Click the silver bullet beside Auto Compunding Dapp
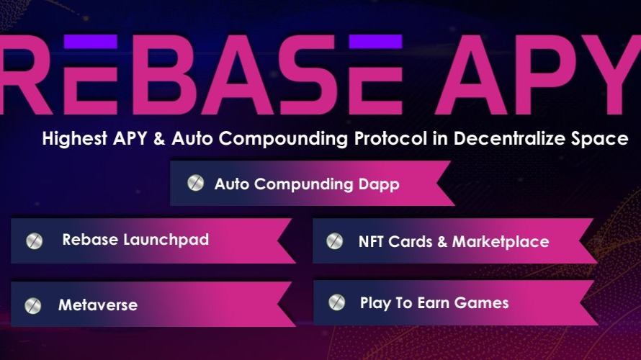pyautogui.click(x=194, y=183)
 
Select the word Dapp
pyautogui.click(x=379, y=184)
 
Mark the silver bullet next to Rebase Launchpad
pyautogui.click(x=34, y=240)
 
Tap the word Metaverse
pyautogui.click(x=98, y=305)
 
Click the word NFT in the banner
pyautogui.click(x=372, y=242)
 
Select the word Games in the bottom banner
pyautogui.click(x=485, y=302)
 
